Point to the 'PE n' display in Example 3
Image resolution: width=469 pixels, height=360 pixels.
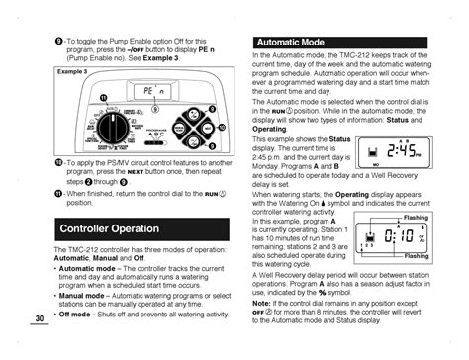pyautogui.click(x=146, y=90)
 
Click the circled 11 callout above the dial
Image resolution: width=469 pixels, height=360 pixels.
pyautogui.click(x=102, y=96)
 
